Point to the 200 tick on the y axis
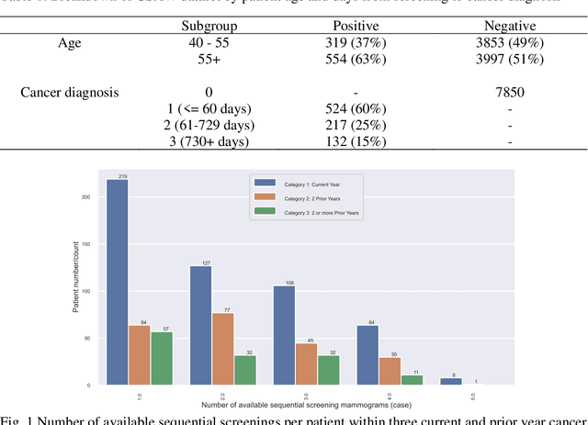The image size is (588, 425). point(86,196)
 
